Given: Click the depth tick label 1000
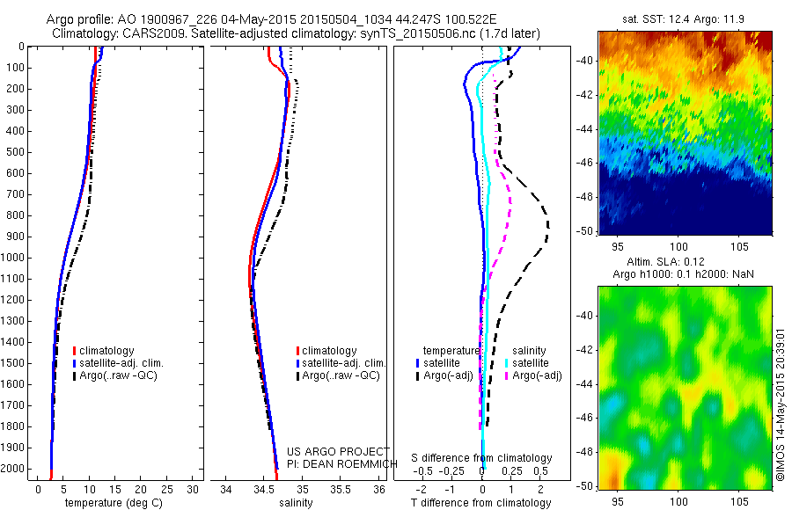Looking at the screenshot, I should pos(15,258).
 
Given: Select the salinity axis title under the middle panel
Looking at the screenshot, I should pos(296,503).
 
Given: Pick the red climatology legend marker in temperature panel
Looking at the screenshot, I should pos(74,351).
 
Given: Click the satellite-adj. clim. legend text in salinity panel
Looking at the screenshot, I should pos(344,363).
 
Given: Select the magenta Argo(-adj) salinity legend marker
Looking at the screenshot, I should pos(507,375).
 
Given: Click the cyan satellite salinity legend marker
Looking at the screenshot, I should pos(507,362).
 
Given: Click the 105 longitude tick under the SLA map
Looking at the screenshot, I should pos(738,500).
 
